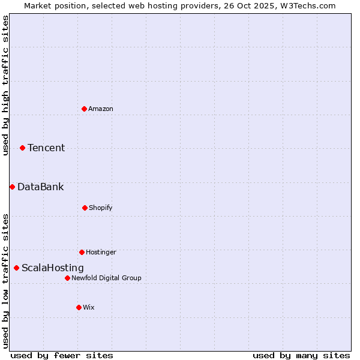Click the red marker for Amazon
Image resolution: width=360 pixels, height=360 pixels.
click(84, 109)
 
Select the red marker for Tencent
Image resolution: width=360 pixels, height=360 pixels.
click(22, 148)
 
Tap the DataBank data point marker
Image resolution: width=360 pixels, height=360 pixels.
click(12, 187)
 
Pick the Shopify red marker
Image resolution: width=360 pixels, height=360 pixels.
click(85, 208)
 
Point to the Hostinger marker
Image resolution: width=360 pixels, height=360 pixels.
click(82, 252)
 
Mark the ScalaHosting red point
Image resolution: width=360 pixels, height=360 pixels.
click(16, 268)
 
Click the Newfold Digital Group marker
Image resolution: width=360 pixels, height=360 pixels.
click(67, 278)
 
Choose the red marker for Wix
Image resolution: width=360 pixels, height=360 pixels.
click(79, 307)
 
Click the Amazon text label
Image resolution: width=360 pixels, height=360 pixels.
click(101, 109)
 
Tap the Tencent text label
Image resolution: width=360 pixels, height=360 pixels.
click(46, 148)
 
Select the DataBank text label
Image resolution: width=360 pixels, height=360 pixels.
click(40, 187)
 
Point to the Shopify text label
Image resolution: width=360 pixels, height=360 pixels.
click(101, 208)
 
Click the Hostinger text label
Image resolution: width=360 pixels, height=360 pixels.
click(101, 252)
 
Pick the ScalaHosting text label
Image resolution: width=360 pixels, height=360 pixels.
click(53, 268)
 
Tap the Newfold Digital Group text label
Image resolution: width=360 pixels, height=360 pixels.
click(106, 278)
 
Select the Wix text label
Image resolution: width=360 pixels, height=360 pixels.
click(89, 307)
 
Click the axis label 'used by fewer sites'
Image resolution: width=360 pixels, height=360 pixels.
click(62, 355)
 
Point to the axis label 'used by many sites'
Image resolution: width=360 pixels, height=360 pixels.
click(301, 355)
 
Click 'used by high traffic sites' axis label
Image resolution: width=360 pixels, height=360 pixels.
click(5, 85)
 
